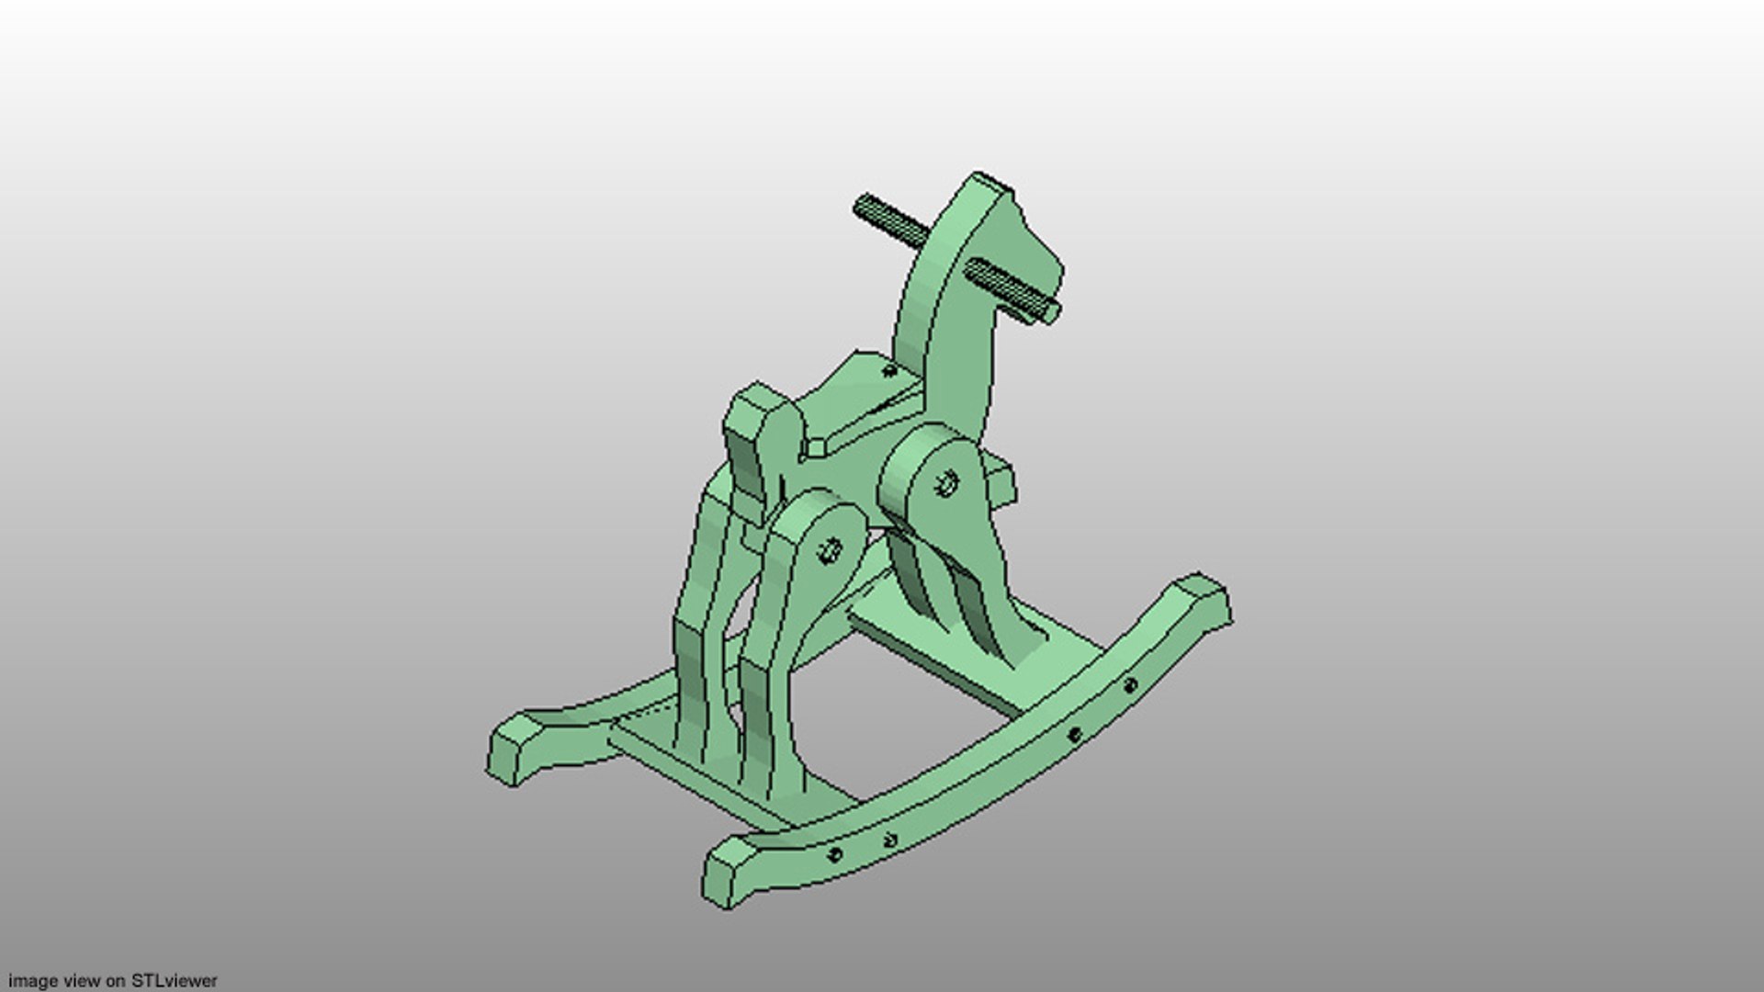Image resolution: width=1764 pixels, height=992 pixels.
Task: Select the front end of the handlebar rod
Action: point(1049,314)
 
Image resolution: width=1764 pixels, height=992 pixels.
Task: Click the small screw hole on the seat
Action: point(888,371)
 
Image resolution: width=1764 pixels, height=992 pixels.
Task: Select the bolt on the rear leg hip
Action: point(830,551)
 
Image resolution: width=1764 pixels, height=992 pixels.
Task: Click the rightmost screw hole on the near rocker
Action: point(1130,685)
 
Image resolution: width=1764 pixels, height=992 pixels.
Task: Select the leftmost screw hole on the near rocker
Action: point(834,854)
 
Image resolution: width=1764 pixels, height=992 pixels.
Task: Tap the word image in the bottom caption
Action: point(29,981)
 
